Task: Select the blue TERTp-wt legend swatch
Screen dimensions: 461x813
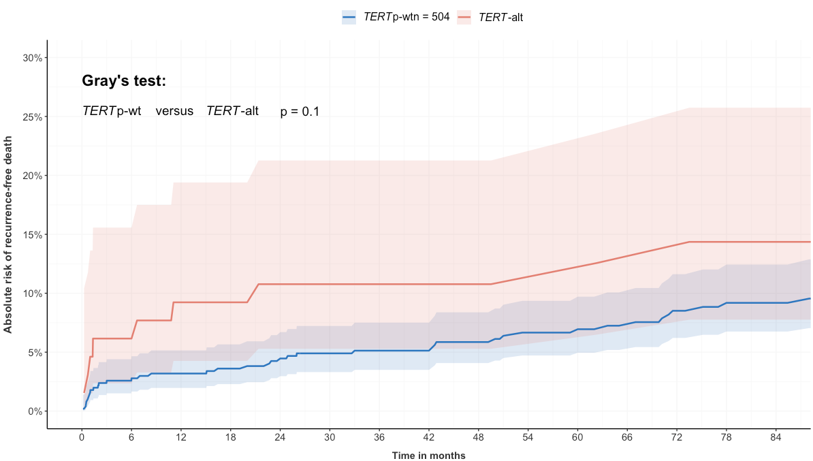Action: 349,18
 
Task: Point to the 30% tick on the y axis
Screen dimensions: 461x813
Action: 32,58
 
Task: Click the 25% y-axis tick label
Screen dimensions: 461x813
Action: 32,117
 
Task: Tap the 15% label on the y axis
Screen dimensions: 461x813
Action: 32,235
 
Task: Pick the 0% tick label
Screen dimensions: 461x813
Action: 35,411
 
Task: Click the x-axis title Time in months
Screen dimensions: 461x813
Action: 429,455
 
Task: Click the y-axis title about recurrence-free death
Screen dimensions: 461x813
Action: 9,234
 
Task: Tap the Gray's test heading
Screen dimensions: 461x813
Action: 124,80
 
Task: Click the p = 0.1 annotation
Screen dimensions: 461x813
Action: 300,112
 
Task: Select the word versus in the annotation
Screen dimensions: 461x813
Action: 174,111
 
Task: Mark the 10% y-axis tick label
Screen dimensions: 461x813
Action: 32,293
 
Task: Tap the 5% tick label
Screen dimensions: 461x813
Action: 35,353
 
